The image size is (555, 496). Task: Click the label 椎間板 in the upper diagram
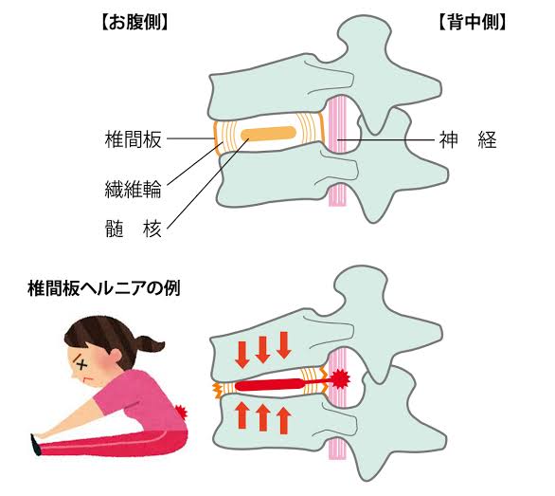point(134,139)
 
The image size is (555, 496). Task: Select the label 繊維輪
point(134,190)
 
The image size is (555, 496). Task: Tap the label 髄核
point(134,229)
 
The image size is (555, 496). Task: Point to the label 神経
point(468,139)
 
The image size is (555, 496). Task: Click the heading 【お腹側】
point(134,24)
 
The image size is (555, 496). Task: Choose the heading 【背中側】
point(473,23)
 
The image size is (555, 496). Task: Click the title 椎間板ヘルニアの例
point(104,288)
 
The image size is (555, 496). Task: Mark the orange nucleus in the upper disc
point(268,134)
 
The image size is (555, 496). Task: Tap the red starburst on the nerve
point(341,378)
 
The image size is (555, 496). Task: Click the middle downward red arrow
point(262,350)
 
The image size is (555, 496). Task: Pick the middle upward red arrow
point(262,417)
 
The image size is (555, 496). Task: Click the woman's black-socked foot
point(35,445)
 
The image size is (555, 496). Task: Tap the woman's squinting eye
point(81,364)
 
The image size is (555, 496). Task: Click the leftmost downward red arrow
point(242,354)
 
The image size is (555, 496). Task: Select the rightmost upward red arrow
point(283,420)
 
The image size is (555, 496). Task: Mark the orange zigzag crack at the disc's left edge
point(216,392)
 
